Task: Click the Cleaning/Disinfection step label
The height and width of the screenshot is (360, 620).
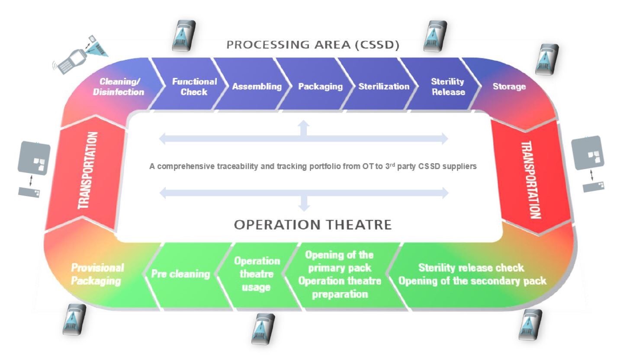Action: point(119,87)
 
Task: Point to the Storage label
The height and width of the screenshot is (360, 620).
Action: point(509,87)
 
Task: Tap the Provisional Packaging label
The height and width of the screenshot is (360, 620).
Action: point(97,274)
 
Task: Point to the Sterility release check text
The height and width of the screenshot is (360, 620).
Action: point(471,267)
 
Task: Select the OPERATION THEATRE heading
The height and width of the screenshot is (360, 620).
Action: point(313,225)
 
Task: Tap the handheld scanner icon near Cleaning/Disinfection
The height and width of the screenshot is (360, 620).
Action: point(80,55)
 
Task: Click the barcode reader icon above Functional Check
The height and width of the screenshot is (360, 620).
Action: point(184,35)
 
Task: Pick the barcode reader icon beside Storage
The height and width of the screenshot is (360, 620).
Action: point(547,59)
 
